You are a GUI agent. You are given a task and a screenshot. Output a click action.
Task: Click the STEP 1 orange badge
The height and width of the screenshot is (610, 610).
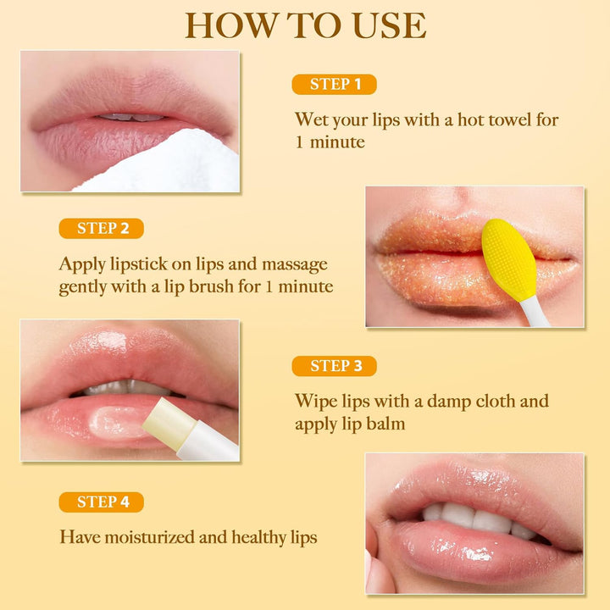pos(334,84)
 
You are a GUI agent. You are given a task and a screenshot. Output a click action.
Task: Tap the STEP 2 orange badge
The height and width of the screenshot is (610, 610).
pos(101,228)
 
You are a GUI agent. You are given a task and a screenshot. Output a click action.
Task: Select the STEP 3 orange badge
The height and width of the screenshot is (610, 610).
pos(334,366)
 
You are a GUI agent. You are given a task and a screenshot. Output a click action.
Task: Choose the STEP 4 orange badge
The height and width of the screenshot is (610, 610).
pos(101,502)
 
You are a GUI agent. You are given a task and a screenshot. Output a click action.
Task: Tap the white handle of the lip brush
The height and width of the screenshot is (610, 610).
pos(535,313)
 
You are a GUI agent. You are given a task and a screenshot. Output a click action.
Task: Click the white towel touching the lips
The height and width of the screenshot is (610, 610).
pos(169,165)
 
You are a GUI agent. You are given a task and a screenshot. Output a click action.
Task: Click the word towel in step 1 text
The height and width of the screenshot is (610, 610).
pos(509,119)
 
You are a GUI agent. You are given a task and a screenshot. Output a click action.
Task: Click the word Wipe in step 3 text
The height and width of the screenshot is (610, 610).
pos(314,401)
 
